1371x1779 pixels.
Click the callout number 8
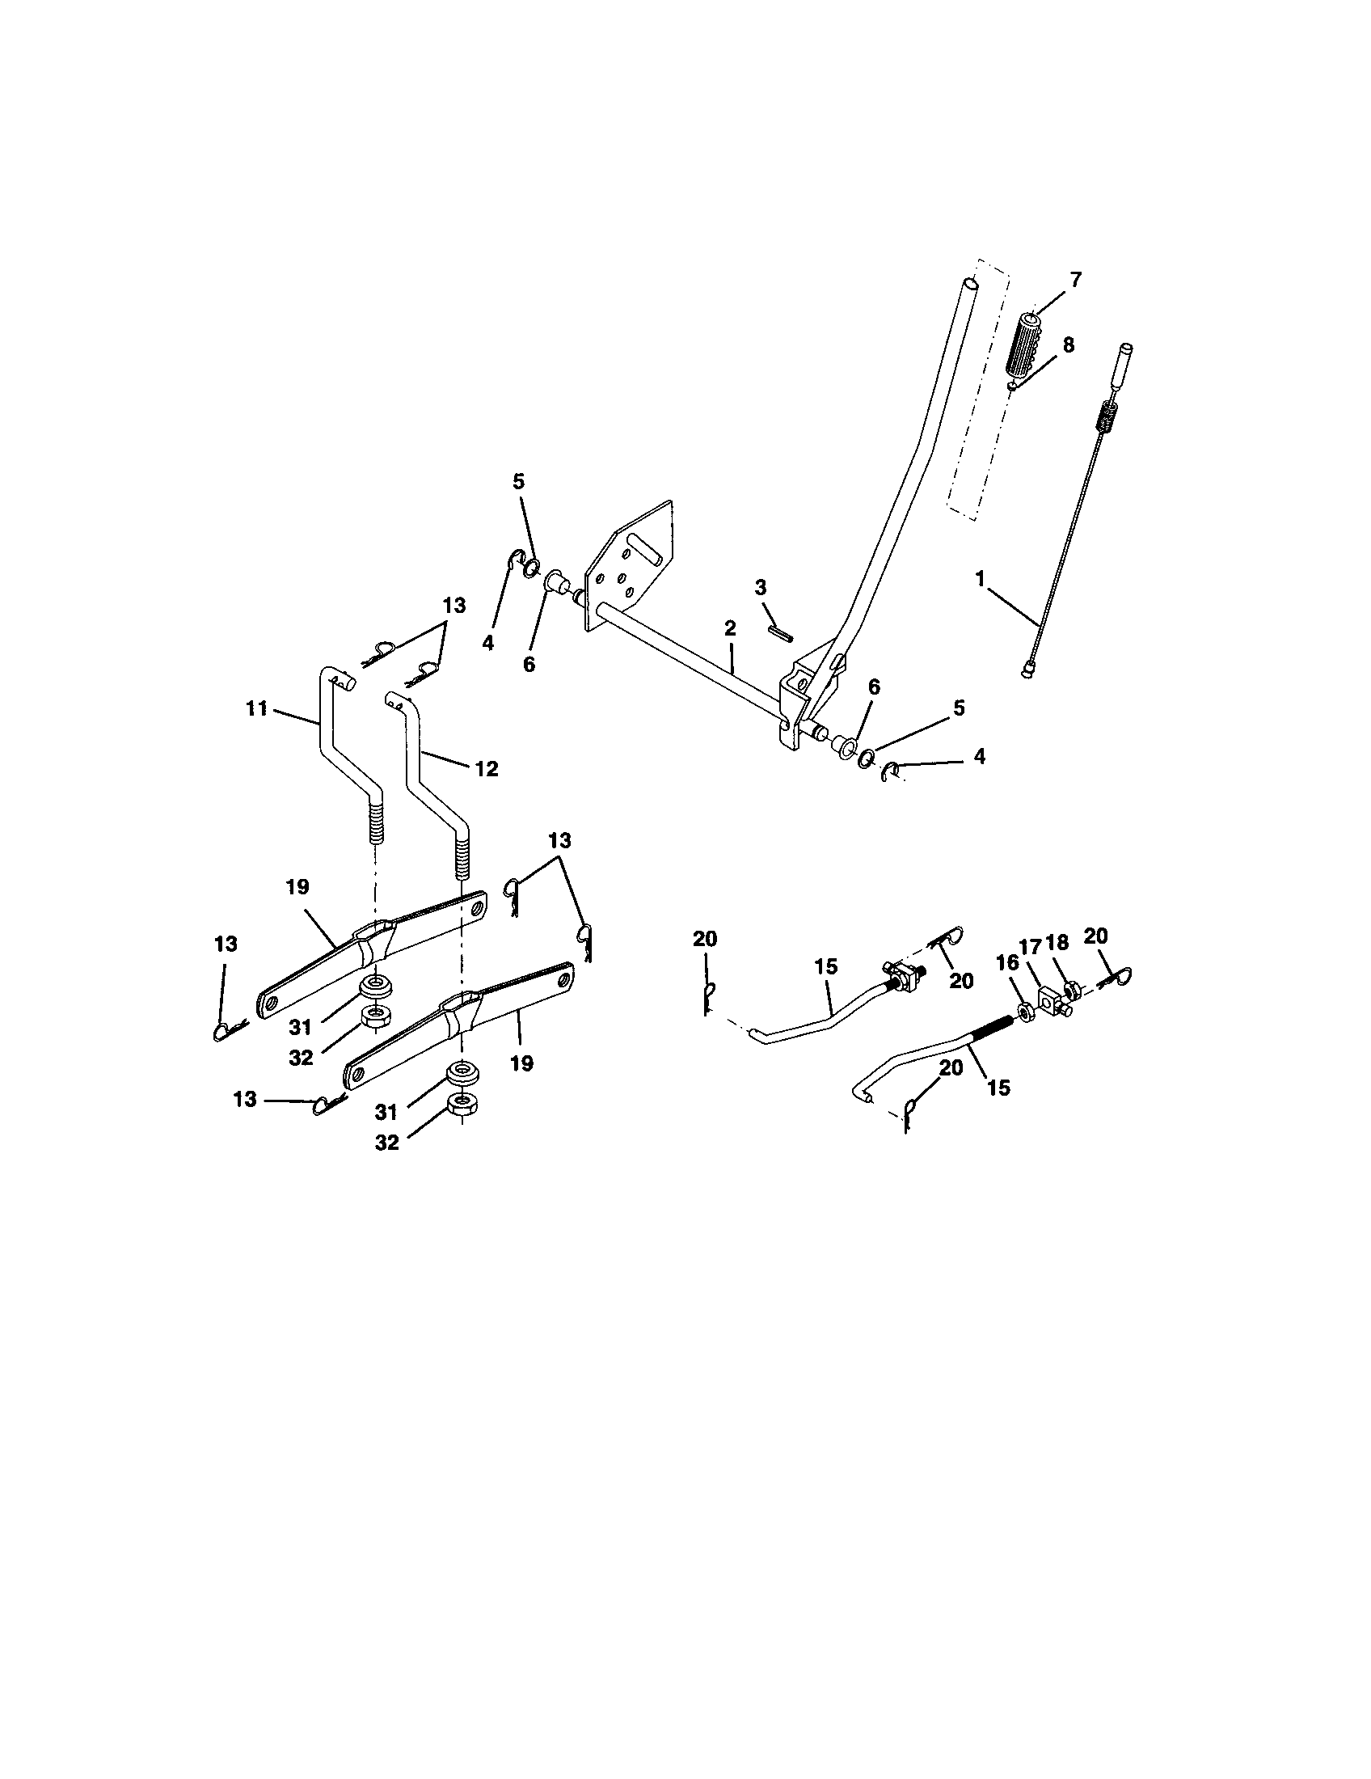click(x=1067, y=344)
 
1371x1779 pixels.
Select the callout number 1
click(x=981, y=578)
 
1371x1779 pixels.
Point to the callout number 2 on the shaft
click(x=729, y=628)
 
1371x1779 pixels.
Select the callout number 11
click(x=256, y=708)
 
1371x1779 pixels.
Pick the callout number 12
click(x=486, y=768)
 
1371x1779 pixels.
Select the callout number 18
click(x=1057, y=942)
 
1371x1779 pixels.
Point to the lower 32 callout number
click(x=386, y=1143)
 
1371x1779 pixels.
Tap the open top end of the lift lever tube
click(x=968, y=285)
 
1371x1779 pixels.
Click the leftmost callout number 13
click(x=226, y=944)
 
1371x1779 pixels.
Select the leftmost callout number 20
click(x=705, y=938)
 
